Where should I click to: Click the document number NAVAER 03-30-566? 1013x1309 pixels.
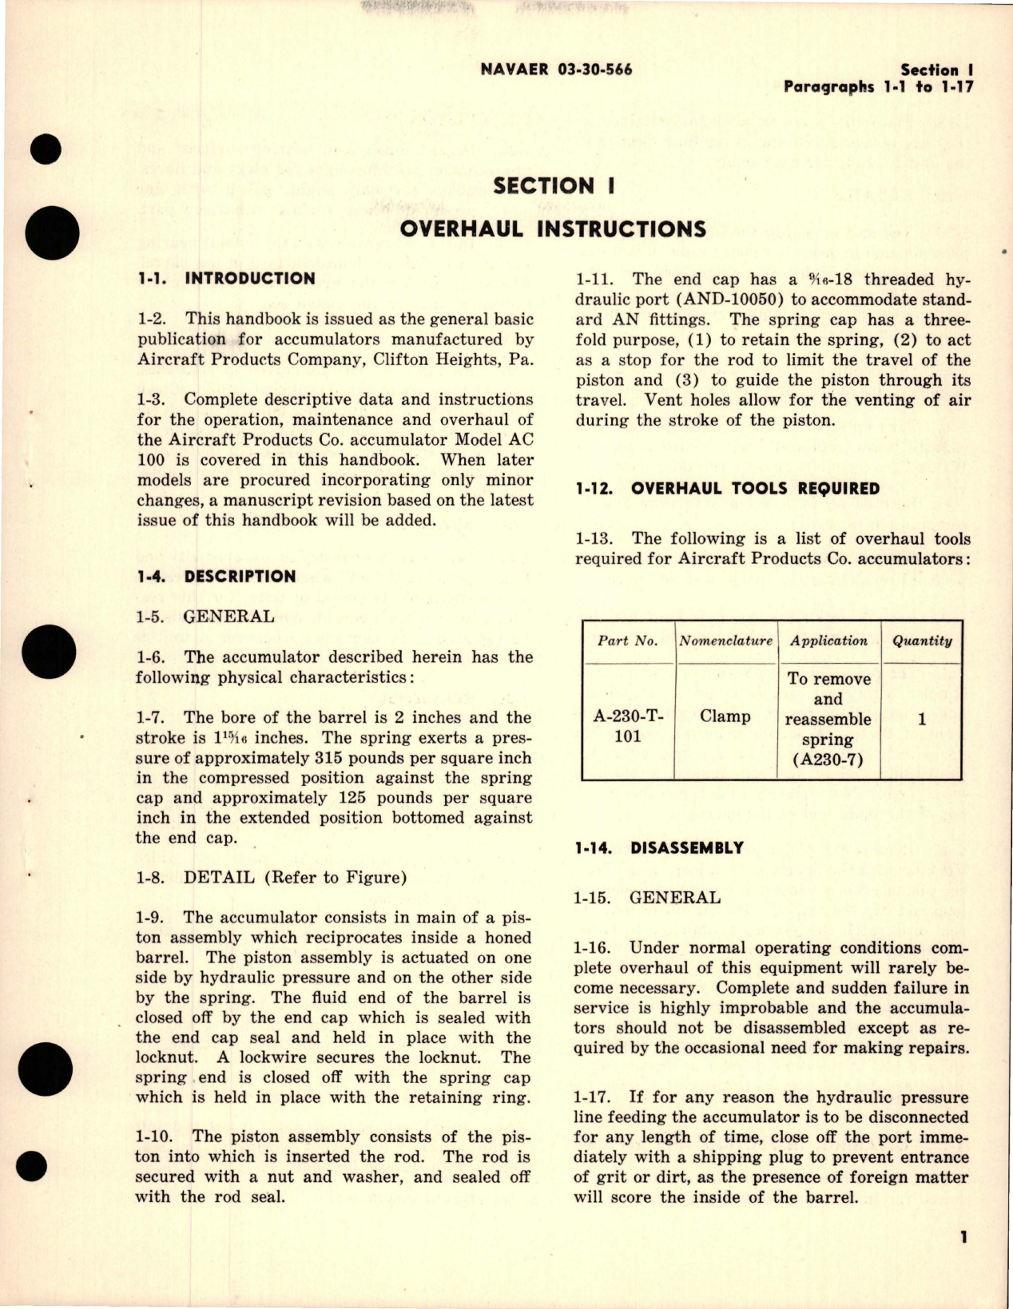557,69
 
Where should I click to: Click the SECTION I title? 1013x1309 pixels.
554,185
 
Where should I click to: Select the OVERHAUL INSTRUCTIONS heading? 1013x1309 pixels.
552,230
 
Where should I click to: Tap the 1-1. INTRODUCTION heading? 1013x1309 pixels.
226,279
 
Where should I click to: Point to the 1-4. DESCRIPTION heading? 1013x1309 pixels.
216,577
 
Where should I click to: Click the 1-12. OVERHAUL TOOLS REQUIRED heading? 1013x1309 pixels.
728,489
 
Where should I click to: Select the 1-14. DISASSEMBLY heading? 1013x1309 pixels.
659,848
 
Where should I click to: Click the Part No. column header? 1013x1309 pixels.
628,641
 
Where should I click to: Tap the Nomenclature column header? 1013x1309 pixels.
725,641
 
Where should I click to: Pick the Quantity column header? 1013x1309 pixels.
922,641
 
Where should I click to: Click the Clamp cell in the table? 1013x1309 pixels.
725,716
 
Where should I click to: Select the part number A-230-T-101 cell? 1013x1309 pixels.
628,726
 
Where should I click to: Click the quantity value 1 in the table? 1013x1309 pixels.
922,720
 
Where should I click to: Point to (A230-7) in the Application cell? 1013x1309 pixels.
828,760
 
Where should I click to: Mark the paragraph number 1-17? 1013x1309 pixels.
595,1098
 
